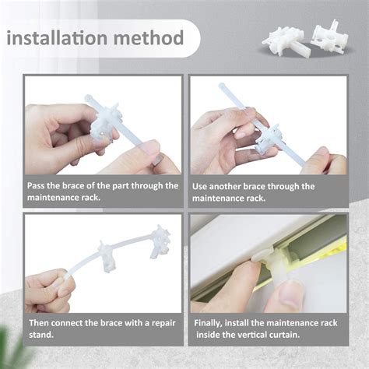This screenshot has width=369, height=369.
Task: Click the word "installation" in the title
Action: click(x=57, y=38)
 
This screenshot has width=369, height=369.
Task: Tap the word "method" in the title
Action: click(x=149, y=38)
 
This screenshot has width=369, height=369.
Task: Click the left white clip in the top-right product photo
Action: click(x=284, y=40)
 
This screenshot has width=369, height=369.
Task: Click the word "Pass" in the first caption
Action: click(x=37, y=186)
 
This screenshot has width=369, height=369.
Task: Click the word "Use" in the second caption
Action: click(x=199, y=187)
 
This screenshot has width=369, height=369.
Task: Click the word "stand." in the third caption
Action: click(x=41, y=335)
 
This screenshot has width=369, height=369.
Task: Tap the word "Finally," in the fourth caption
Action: click(x=208, y=323)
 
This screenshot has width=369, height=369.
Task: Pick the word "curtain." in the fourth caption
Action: click(x=284, y=335)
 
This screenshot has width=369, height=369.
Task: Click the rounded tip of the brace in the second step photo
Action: click(x=222, y=86)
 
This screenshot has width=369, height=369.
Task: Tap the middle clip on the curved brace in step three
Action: click(x=107, y=256)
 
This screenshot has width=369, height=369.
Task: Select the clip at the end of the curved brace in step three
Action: click(x=160, y=242)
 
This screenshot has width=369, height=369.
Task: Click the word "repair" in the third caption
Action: click(x=163, y=323)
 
